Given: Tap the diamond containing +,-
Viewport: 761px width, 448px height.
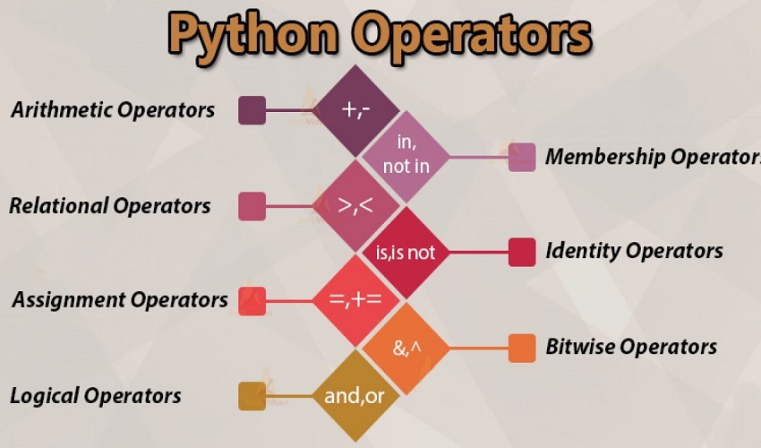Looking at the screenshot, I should [350, 110].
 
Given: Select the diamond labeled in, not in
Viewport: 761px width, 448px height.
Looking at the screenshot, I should [405, 155].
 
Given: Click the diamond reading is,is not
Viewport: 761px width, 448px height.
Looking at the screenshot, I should [405, 252].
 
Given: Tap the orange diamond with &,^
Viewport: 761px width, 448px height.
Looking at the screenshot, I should [405, 347].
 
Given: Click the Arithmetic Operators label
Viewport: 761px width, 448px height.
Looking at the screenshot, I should [113, 110].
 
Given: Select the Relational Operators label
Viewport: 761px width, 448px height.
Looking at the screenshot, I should [110, 205].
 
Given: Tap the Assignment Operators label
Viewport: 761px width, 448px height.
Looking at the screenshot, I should [119, 299].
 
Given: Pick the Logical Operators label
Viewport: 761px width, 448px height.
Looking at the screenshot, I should [96, 395].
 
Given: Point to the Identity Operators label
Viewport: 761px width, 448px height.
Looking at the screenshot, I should [634, 251].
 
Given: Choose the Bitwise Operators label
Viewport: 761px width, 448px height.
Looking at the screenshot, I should [631, 347].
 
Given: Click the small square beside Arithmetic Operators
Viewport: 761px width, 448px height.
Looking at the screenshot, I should [252, 110].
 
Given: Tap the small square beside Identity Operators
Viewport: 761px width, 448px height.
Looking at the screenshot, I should [521, 252].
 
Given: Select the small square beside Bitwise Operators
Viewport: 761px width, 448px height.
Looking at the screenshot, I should [521, 348].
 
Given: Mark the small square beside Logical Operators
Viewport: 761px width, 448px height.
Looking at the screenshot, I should [252, 396].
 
